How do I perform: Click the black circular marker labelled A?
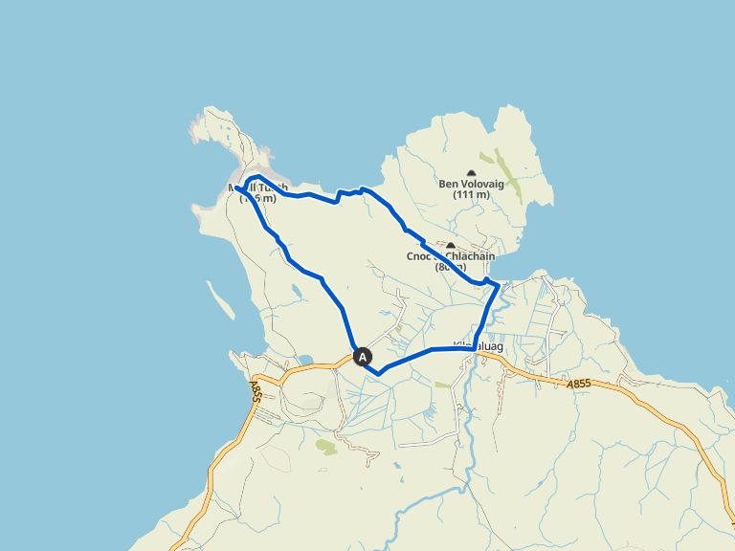tap(363, 357)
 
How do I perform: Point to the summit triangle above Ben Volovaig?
tap(470, 170)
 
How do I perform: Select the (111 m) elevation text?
tap(470, 196)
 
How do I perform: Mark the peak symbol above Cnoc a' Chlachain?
tap(450, 245)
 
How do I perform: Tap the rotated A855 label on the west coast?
tap(256, 391)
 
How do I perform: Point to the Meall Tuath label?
tap(256, 187)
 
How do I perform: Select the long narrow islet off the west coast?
tap(220, 299)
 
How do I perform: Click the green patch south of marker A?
tap(326, 446)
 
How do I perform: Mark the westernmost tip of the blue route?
tap(235, 188)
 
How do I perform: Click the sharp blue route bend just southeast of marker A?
tap(379, 373)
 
